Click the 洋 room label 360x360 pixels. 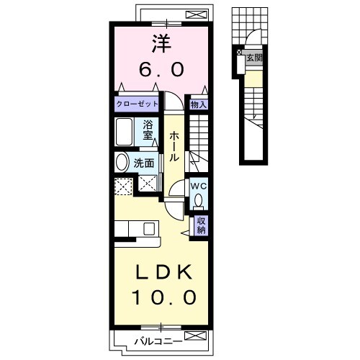(x=161, y=44)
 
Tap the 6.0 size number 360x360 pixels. (x=161, y=69)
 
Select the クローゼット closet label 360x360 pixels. (x=137, y=104)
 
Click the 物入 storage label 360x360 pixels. (x=198, y=104)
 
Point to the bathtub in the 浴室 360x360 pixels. (x=124, y=132)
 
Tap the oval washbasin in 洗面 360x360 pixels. (x=122, y=162)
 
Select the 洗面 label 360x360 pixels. (x=144, y=163)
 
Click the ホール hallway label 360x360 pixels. (x=174, y=146)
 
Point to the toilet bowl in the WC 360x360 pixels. (x=198, y=200)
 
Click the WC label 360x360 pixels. (x=198, y=186)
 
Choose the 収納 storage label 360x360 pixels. (x=201, y=225)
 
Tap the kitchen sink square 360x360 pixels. (x=149, y=229)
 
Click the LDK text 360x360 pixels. (x=164, y=272)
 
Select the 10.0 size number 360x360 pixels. (x=165, y=297)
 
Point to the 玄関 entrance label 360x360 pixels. (x=254, y=58)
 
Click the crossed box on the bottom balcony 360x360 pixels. (x=195, y=336)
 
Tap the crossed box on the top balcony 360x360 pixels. (x=197, y=15)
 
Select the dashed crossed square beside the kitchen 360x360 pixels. (x=124, y=186)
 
